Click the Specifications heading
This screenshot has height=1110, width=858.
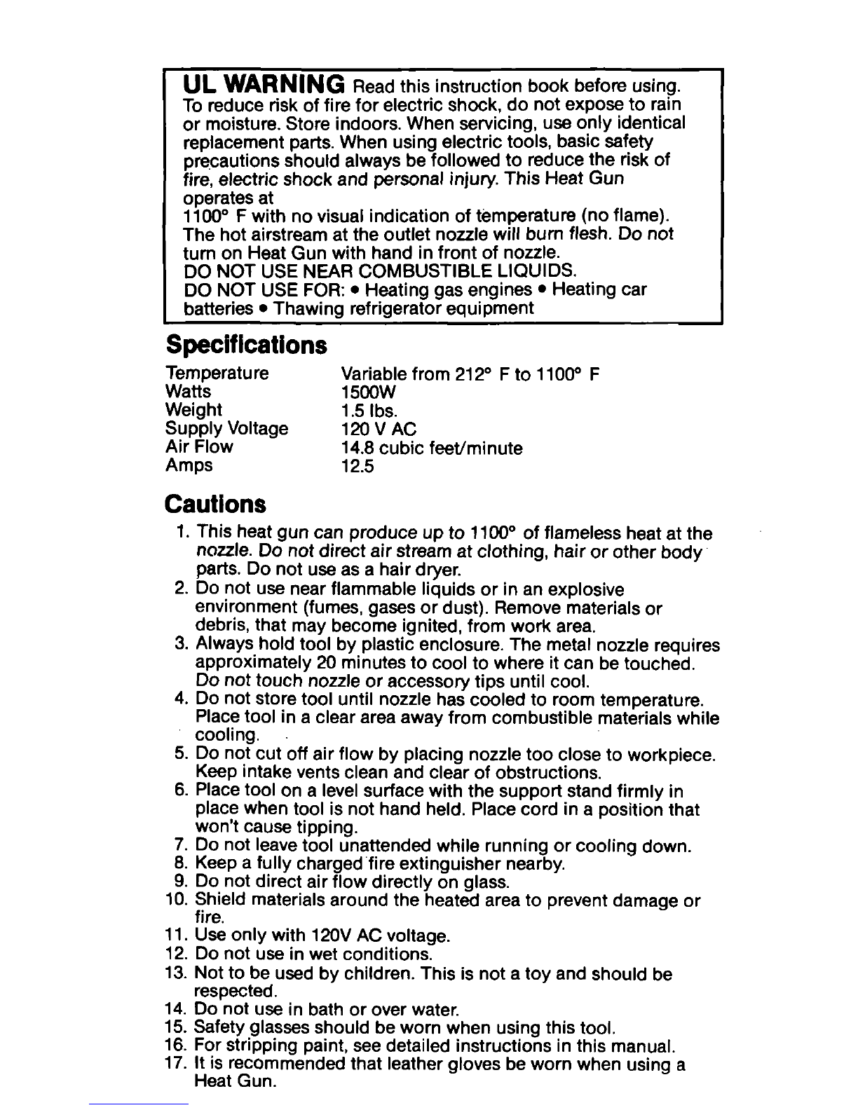tap(246, 345)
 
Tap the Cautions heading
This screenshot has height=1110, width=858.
tap(215, 503)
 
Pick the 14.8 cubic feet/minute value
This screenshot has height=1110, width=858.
tap(431, 447)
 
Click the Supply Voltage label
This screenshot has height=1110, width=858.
tap(226, 428)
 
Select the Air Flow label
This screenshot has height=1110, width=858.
tap(199, 446)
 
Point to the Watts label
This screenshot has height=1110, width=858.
tap(187, 391)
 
